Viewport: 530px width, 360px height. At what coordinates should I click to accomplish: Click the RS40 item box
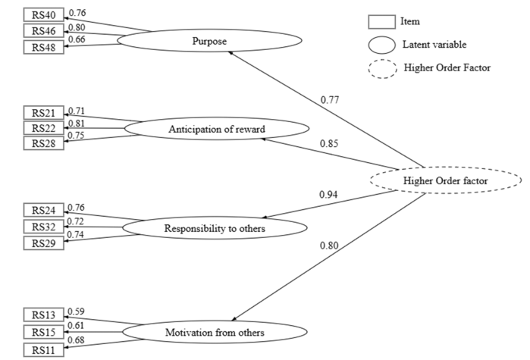[x=44, y=14]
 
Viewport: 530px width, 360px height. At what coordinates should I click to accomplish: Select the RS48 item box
[x=44, y=47]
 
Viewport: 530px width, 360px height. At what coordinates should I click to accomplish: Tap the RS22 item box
[x=44, y=128]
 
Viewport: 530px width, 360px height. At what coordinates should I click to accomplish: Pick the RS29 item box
[x=44, y=243]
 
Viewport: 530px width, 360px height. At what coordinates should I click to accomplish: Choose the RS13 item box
[x=44, y=315]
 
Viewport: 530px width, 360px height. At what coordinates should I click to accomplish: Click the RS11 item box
[x=44, y=350]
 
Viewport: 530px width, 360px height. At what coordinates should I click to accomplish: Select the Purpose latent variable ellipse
[x=210, y=41]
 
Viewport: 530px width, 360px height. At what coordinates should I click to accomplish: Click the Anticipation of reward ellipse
[x=216, y=129]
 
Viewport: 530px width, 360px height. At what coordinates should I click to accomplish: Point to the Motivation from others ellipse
[x=215, y=331]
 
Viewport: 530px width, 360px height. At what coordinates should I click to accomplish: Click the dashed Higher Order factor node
[x=446, y=180]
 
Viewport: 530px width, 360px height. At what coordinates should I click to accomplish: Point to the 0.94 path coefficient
[x=328, y=196]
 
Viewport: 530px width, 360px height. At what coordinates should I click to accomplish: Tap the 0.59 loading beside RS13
[x=76, y=311]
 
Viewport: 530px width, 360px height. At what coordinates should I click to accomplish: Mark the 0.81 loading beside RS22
[x=76, y=124]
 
